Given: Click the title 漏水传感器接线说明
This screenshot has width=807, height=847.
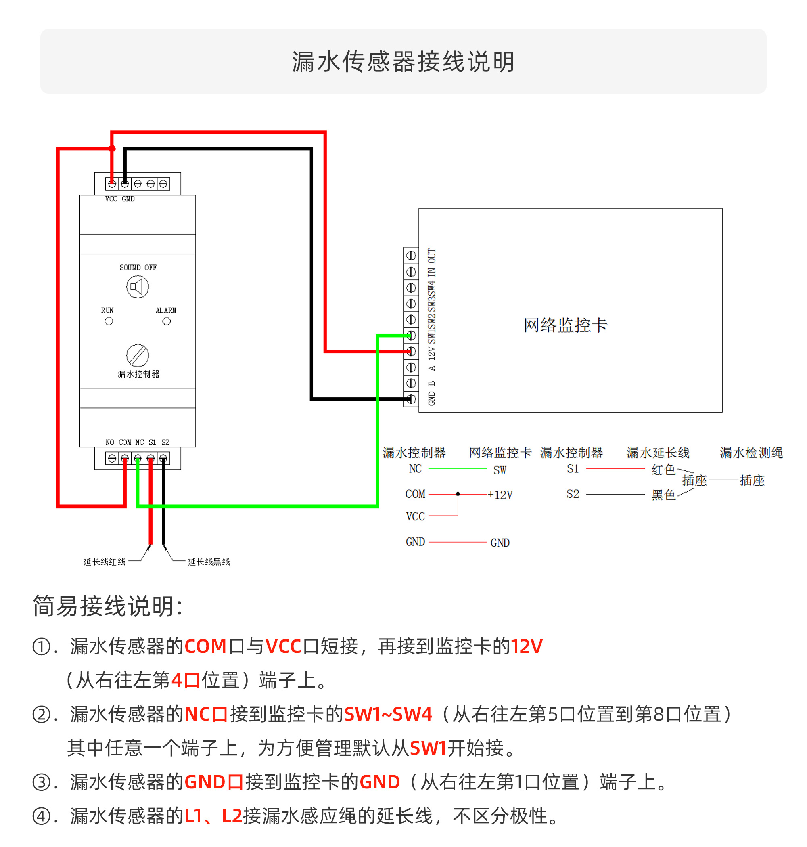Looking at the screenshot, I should (x=403, y=61).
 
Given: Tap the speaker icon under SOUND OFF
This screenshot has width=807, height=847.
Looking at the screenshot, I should (x=138, y=287).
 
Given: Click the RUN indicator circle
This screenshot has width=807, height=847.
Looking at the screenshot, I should (x=109, y=321).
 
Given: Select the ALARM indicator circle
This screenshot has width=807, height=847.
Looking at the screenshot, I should (x=167, y=321).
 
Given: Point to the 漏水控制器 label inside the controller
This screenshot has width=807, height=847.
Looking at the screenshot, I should (x=138, y=374).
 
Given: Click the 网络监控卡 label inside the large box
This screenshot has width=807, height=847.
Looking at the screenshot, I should (x=565, y=325).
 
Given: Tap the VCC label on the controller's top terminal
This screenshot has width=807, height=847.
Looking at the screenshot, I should (x=111, y=199).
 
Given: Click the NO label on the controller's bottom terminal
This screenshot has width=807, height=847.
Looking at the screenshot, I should (x=110, y=442).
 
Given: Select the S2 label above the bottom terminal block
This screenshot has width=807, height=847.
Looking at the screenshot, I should (x=165, y=442).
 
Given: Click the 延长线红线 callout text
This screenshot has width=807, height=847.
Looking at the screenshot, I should (x=105, y=562).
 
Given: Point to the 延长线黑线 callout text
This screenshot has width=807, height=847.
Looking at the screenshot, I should (x=209, y=562).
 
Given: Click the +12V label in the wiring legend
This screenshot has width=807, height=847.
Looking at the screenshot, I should (x=500, y=495).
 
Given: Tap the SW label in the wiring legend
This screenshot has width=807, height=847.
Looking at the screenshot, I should (x=500, y=470).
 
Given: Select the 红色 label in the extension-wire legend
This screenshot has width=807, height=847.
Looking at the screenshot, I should (x=663, y=470).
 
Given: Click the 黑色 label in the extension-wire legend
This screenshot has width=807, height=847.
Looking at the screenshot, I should (x=663, y=495).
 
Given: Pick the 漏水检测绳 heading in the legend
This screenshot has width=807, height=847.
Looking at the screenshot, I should (x=751, y=452).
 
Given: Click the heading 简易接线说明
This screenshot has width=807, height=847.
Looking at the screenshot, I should (x=108, y=606).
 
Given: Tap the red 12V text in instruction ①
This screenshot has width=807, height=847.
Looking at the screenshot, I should (x=527, y=646).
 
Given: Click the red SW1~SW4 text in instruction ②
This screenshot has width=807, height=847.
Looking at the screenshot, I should (x=388, y=714).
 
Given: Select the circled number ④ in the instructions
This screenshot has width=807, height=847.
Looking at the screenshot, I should (x=42, y=816).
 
